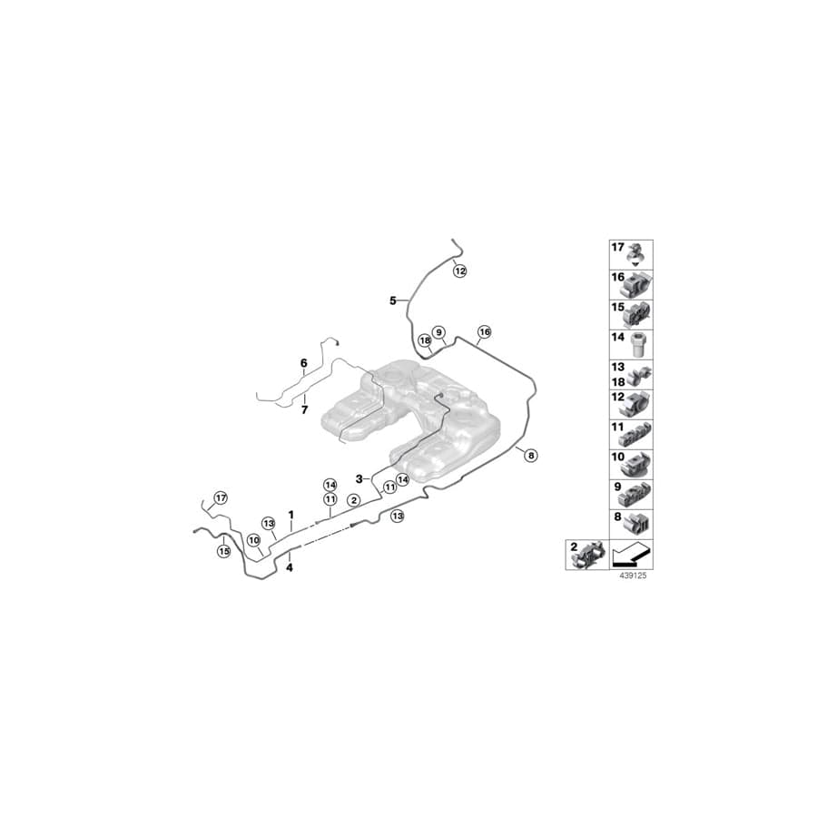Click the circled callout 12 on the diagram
[459, 271]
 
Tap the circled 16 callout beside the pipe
[484, 332]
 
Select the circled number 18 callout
[424, 340]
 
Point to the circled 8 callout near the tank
[531, 456]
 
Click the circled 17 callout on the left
[219, 497]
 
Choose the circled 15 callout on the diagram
[223, 551]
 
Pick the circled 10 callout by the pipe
[253, 538]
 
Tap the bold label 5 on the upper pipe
[393, 300]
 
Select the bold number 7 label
[305, 410]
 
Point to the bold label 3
[359, 478]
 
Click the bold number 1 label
[290, 515]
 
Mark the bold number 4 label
[290, 568]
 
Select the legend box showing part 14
[630, 345]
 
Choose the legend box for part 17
[630, 254]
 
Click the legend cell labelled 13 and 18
[630, 374]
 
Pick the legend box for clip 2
[586, 554]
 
